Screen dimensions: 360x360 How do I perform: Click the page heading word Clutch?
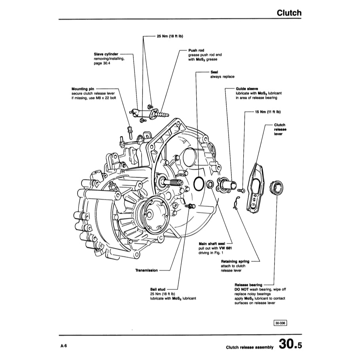289,13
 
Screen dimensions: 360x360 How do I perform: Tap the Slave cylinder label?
106,54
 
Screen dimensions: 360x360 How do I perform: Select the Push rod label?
196,51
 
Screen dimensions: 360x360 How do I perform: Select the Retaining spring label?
235,261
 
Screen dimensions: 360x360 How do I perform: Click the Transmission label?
146,271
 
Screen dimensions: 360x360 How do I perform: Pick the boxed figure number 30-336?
280,323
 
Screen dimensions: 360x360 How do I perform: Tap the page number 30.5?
290,344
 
